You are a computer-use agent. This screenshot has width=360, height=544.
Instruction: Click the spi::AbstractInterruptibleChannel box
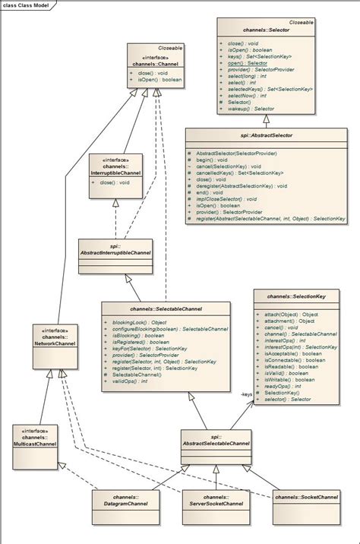coord(115,248)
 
